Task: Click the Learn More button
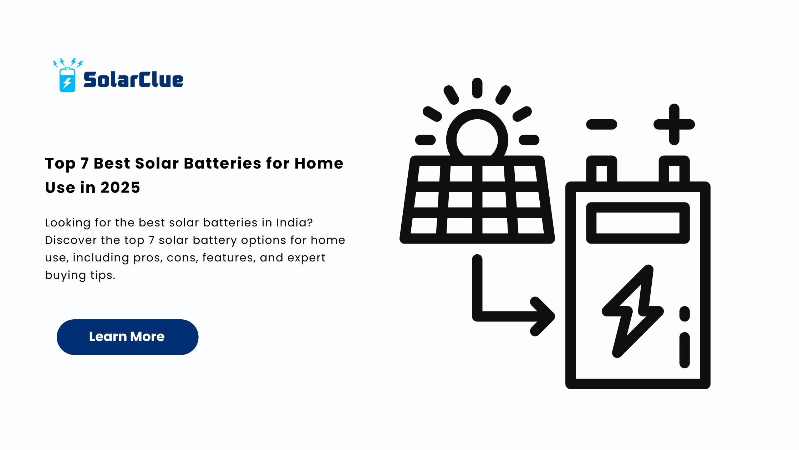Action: pyautogui.click(x=127, y=337)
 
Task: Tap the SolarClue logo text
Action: pyautogui.click(x=133, y=80)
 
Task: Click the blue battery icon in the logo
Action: pyautogui.click(x=67, y=79)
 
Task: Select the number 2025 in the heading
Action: pyautogui.click(x=120, y=187)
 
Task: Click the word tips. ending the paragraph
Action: pyautogui.click(x=103, y=275)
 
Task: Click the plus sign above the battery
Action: pyautogui.click(x=674, y=124)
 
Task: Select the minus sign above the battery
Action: pyautogui.click(x=602, y=124)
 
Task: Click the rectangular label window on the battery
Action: pyautogui.click(x=638, y=223)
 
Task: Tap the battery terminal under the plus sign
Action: pyautogui.click(x=674, y=169)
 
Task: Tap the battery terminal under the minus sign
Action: pyautogui.click(x=602, y=169)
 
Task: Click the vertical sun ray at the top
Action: pyautogui.click(x=477, y=88)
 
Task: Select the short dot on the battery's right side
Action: pyautogui.click(x=685, y=314)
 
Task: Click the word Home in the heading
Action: pyautogui.click(x=319, y=164)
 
